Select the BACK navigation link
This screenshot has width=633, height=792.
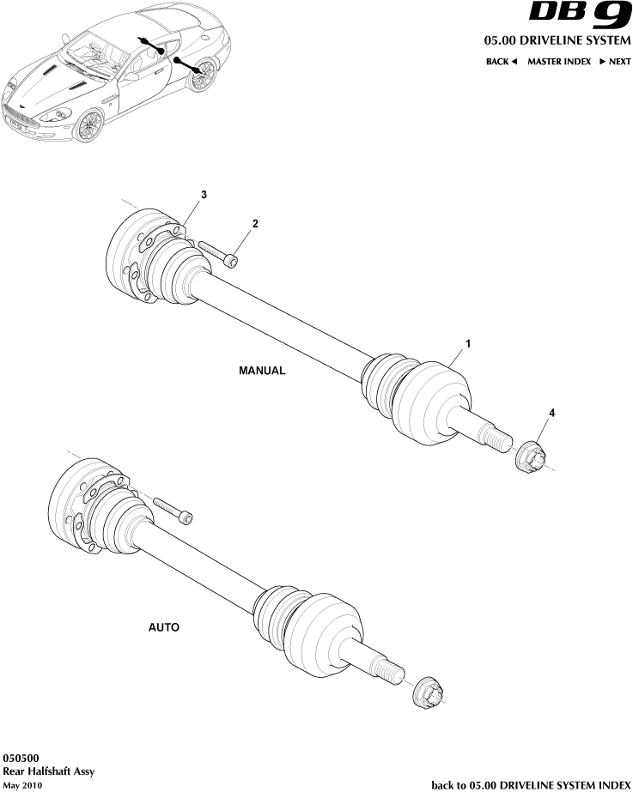pyautogui.click(x=502, y=62)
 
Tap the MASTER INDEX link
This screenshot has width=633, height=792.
pyautogui.click(x=558, y=62)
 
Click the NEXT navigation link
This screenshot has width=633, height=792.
pyautogui.click(x=615, y=62)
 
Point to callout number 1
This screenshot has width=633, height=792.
pyautogui.click(x=468, y=343)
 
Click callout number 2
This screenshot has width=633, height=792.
pyautogui.click(x=255, y=223)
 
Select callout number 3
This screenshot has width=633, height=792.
pyautogui.click(x=204, y=196)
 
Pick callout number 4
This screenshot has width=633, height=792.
pyautogui.click(x=552, y=414)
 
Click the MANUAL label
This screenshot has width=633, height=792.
pyautogui.click(x=261, y=372)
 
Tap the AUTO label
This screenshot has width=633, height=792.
pyautogui.click(x=164, y=627)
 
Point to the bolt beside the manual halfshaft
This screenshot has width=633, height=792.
pyautogui.click(x=218, y=253)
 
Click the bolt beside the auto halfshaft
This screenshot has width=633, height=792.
pyautogui.click(x=172, y=510)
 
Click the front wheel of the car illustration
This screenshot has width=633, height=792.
pyautogui.click(x=88, y=125)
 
